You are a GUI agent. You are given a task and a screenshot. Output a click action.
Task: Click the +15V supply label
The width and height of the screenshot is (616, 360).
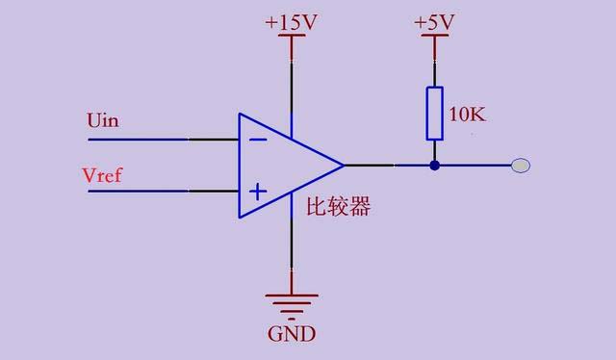coord(291,21)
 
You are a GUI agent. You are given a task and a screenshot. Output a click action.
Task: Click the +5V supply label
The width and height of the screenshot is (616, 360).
coord(434,21)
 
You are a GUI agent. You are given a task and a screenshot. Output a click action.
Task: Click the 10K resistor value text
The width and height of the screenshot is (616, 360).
coord(468,115)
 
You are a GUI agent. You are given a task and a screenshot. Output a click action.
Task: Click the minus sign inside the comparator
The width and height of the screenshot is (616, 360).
coord(257,139)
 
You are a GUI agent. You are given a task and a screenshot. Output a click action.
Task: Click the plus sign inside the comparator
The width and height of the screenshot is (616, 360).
coord(257,192)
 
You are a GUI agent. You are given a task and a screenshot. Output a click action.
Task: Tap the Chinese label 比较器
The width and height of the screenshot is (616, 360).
coord(338,207)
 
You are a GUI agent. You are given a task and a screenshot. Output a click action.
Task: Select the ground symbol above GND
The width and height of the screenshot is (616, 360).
coord(291,304)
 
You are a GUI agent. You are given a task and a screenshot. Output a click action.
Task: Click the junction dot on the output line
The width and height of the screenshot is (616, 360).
coord(434,166)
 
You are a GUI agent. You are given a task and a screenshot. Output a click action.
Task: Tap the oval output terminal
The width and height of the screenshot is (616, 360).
coord(520,166)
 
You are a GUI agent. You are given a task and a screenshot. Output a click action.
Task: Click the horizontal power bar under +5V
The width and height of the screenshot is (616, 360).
coord(434,38)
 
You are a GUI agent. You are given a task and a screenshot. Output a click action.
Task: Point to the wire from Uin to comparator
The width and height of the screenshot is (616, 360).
coord(164,139)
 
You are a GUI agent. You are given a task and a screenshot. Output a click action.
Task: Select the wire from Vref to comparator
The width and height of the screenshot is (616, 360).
coord(164,191)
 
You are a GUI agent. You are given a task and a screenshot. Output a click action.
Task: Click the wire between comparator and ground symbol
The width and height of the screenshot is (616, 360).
coord(291,250)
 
